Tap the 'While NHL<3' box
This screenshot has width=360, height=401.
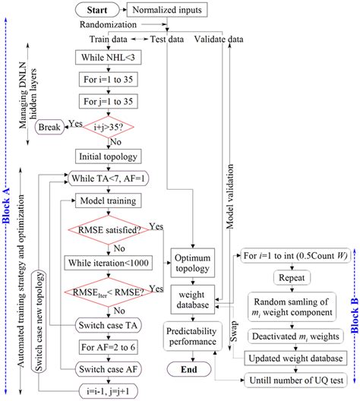coord(107,58)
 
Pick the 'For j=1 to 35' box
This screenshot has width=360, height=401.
coord(107,102)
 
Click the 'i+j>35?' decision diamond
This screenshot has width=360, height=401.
coord(107,128)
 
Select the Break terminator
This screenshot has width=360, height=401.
coord(50,128)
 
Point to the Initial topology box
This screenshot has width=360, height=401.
coord(107,156)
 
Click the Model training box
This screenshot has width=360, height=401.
coord(107,200)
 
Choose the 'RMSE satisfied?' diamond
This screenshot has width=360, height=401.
coord(107,229)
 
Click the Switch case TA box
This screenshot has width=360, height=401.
coord(107,327)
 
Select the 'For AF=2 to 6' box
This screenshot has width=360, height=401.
coord(107,349)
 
